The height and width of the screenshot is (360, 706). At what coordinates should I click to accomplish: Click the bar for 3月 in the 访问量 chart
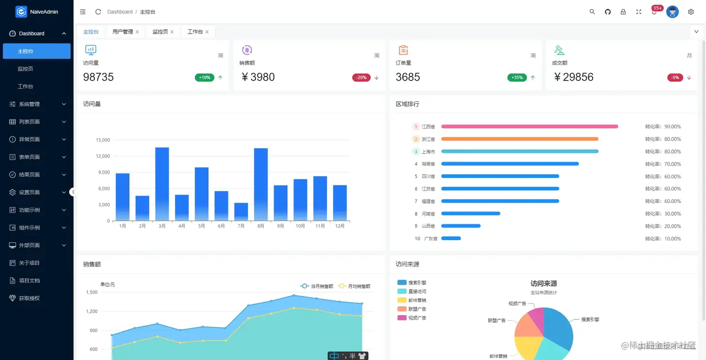point(162,184)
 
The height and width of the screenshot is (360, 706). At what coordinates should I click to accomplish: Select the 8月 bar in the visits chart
point(261,184)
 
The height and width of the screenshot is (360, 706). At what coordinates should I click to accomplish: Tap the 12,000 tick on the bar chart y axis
point(103,156)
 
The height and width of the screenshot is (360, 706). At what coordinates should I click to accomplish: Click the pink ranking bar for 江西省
point(529,127)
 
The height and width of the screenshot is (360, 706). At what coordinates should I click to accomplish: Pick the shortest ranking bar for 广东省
point(451,239)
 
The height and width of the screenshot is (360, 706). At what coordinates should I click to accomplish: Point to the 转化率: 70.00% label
point(663,164)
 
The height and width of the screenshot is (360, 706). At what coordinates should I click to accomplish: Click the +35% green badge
point(517,78)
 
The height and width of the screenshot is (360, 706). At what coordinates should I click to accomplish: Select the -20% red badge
point(361,78)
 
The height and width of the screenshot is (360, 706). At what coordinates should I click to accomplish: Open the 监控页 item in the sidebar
point(25,69)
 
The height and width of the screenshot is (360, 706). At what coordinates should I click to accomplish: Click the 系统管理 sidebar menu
point(29,104)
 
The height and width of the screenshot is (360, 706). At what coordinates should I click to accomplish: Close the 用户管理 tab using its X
point(137,32)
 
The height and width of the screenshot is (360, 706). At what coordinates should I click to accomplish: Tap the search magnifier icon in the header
point(592,12)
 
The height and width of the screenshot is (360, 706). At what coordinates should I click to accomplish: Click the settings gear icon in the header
point(691,12)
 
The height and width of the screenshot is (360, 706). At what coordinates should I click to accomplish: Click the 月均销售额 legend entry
point(354,286)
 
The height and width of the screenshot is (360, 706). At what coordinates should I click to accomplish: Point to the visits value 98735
point(99,77)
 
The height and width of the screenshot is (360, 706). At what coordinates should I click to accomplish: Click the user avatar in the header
point(672,12)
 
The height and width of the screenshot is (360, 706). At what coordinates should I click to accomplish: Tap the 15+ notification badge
point(657,8)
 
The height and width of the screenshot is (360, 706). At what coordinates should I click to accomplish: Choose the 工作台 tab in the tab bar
point(195,32)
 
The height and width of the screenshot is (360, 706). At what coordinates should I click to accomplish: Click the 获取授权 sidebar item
point(29,298)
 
